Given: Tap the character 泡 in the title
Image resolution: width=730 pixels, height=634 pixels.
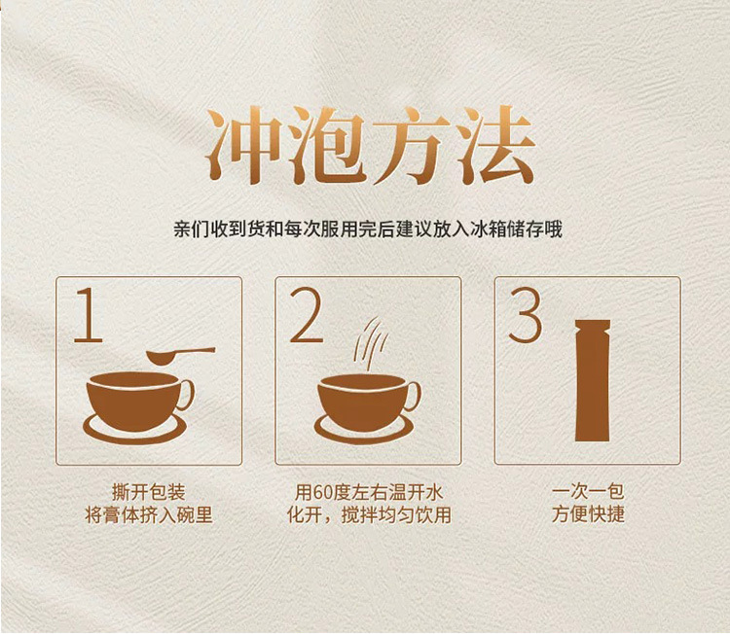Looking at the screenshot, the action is pos(327,145).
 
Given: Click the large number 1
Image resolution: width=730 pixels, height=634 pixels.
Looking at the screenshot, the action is pos(90,315).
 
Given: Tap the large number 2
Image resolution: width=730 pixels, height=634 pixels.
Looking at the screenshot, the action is pos(307,315).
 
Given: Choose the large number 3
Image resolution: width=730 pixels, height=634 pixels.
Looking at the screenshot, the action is pos(526,315).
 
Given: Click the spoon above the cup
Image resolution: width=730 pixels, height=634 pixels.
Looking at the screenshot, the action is pos(181,355).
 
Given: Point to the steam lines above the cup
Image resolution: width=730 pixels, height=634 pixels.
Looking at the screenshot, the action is pos(371,343).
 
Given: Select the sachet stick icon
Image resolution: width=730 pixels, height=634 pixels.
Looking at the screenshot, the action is pos(593,380).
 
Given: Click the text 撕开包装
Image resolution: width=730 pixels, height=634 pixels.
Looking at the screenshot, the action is pos(149,492).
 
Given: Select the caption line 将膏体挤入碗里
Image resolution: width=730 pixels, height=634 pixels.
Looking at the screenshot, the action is pos(149,515).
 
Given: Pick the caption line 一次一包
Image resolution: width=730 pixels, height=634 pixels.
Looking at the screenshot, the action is pos(588,492).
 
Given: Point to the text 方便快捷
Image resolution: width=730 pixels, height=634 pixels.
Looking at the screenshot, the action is pos(588,514).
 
